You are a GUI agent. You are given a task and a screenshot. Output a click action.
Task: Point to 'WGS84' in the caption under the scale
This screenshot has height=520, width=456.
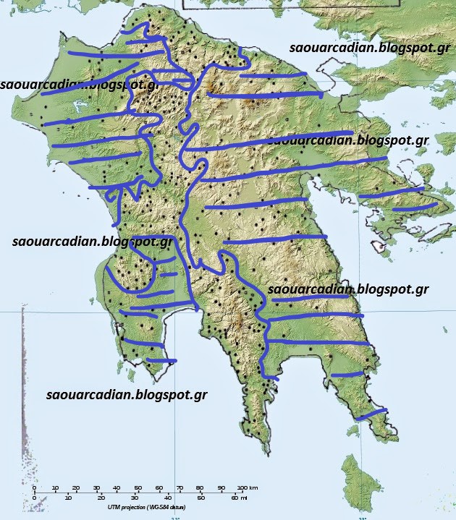point(173,507)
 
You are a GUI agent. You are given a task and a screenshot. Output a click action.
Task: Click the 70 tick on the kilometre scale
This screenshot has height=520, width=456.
point(180,488)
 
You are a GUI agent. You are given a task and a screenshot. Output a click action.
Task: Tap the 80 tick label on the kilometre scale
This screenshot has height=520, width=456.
point(200,488)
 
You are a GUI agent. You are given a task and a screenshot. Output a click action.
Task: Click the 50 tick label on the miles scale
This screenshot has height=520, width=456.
point(200,498)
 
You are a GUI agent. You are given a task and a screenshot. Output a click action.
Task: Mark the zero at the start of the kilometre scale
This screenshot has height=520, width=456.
point(34,488)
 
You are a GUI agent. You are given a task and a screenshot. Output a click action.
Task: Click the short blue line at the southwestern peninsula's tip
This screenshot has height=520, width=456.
point(161,360)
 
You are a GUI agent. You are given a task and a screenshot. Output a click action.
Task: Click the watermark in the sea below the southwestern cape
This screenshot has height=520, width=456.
point(127,396)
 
